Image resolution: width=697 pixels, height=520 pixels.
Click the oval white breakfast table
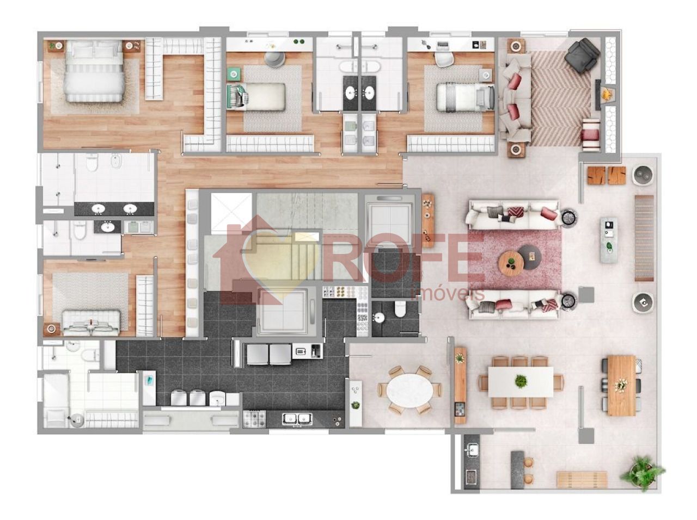pos(409,391)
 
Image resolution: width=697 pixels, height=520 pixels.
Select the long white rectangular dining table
pos(520,381)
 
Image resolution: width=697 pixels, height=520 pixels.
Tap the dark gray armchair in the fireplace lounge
pos(583,54)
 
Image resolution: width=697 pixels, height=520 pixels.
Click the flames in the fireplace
pos(607,94)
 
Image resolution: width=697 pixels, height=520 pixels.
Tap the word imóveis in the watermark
pos(448,294)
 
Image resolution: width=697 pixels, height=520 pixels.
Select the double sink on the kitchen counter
pos(297,419)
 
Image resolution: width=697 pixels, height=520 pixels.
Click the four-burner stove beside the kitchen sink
pos(254,419)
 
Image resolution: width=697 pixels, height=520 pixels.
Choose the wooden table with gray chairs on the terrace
pos(621,385)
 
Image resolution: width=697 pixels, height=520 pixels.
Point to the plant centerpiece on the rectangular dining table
pos(520,381)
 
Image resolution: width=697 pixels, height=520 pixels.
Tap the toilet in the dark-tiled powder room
pos(400,308)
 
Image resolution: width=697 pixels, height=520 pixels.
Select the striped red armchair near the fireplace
pos(590,134)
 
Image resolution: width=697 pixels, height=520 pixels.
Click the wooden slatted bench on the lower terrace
pos(582,479)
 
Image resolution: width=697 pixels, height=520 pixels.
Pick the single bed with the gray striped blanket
pos(465,97)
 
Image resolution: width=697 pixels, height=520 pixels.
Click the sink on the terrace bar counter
pos(472,449)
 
